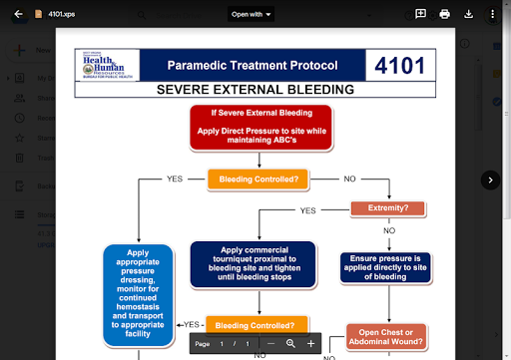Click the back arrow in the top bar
point(18,14)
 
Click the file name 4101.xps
point(62,14)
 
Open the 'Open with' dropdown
point(252,14)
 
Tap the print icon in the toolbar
point(445,14)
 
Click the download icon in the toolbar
point(469,14)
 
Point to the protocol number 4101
point(399,66)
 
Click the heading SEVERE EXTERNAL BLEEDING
point(256,90)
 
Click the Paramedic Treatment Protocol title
point(252,66)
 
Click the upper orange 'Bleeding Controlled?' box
point(258,180)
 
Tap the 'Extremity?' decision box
point(389,208)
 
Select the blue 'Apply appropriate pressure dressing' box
point(138,294)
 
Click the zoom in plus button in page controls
point(310,343)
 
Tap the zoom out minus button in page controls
point(270,343)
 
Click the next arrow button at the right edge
point(490,180)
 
